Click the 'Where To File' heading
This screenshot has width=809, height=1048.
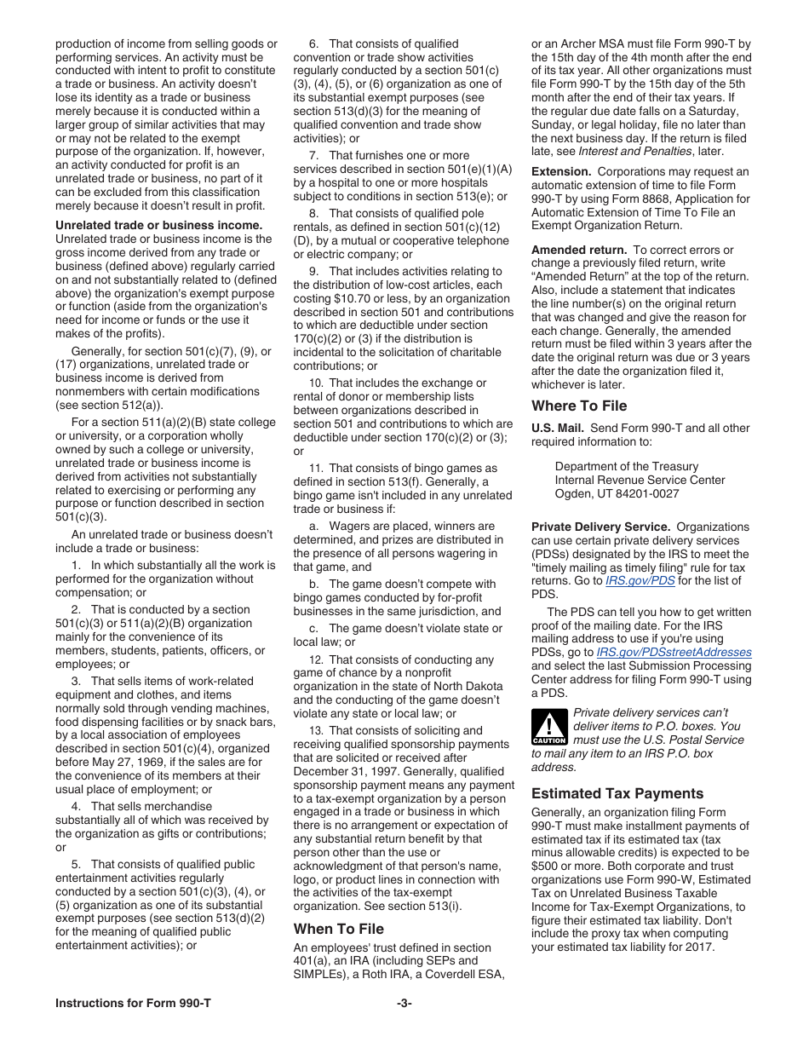[579, 406]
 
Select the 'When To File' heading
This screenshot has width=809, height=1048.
[339, 929]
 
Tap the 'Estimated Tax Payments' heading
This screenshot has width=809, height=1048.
[617, 793]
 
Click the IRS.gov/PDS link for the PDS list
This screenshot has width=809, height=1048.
[628, 581]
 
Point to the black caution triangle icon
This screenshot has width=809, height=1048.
[549, 728]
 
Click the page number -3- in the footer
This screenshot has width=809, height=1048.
[404, 1003]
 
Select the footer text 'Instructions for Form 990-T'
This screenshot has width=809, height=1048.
[133, 1003]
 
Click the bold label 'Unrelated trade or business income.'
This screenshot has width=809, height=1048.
[158, 226]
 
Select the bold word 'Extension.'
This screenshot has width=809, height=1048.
[561, 171]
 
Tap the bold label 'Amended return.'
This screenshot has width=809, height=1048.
[579, 250]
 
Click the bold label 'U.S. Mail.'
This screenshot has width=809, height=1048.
[558, 428]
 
